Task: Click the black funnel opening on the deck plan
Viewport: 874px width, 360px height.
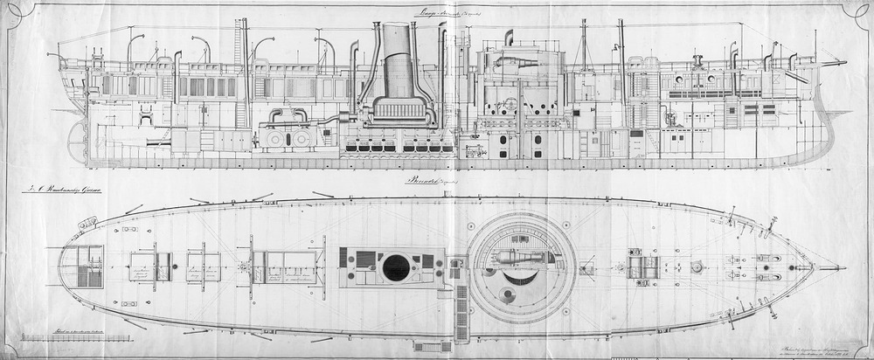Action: tap(396, 267)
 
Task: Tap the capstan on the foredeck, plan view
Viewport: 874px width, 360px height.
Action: tap(697, 266)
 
